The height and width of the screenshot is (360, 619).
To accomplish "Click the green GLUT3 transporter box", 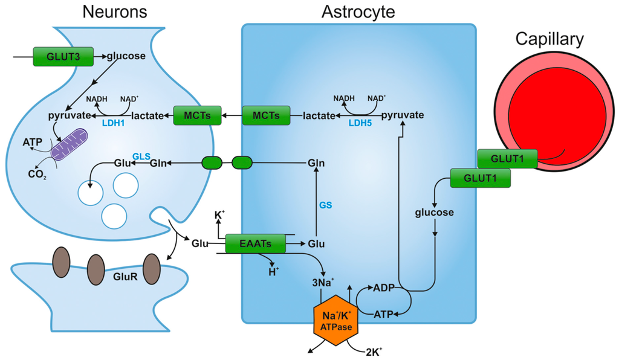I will coord(63,57).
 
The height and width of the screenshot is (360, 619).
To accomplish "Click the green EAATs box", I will coord(255,243).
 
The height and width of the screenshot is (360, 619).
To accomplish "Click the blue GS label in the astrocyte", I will coord(326,205).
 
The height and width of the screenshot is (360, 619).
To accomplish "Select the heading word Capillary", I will coord(549,40).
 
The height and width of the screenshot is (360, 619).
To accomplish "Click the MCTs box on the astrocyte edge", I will coord(266,115).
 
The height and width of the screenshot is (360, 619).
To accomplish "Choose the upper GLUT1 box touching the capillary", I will coord(507,159).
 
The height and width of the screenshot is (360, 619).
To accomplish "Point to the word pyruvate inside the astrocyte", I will coord(402,115).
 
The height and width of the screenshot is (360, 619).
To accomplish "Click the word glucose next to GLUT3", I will coord(126,57).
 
